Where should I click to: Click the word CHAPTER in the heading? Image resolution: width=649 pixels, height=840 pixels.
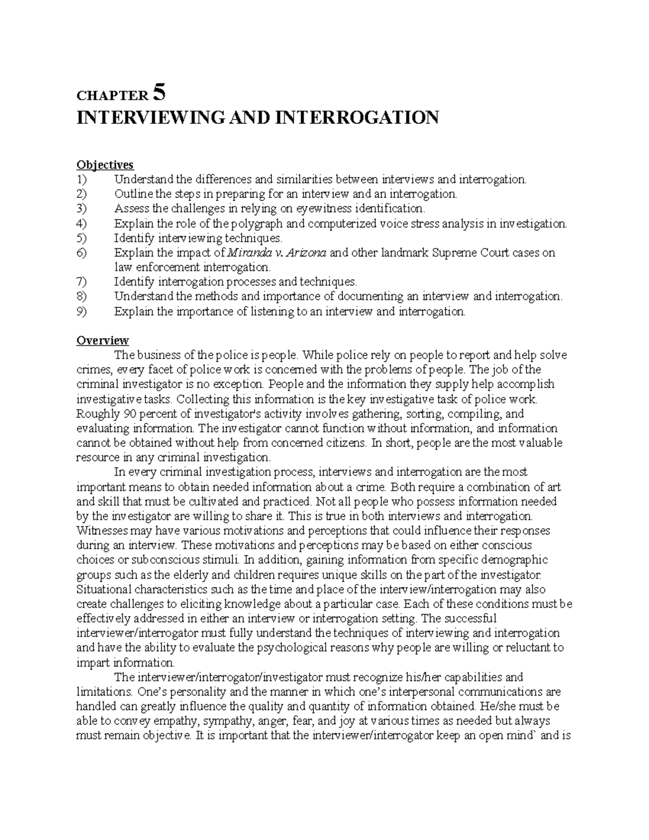click(111, 96)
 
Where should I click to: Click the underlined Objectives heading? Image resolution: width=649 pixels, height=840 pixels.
click(105, 164)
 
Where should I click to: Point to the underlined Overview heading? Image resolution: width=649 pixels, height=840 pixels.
click(103, 340)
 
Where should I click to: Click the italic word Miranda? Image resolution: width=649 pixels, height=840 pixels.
click(246, 253)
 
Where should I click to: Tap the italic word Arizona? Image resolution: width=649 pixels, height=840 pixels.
click(306, 253)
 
